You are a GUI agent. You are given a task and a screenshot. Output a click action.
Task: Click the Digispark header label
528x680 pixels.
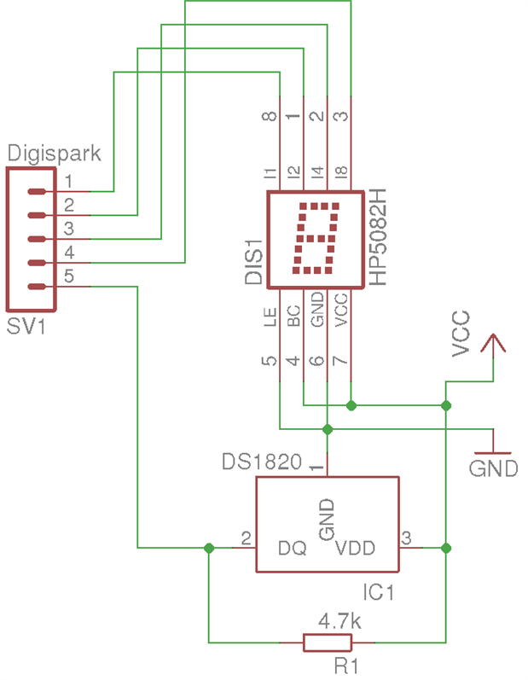coord(55,154)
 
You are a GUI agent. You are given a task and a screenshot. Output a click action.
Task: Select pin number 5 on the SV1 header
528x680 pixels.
coord(69,276)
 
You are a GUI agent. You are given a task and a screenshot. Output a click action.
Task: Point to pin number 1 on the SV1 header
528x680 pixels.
coord(69,181)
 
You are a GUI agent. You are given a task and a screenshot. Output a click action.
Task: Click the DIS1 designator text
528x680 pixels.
coord(253,264)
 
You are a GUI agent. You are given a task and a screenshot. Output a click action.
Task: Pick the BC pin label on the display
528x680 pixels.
coord(293,317)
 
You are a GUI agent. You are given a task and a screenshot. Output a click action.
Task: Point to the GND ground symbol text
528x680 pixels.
coord(494,468)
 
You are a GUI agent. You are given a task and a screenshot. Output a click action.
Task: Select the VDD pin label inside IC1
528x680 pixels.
coord(355,548)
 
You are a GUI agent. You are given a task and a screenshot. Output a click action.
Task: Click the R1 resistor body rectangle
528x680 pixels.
coord(328,642)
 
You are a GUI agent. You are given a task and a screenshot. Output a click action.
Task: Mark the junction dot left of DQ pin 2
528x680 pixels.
coord(209,548)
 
